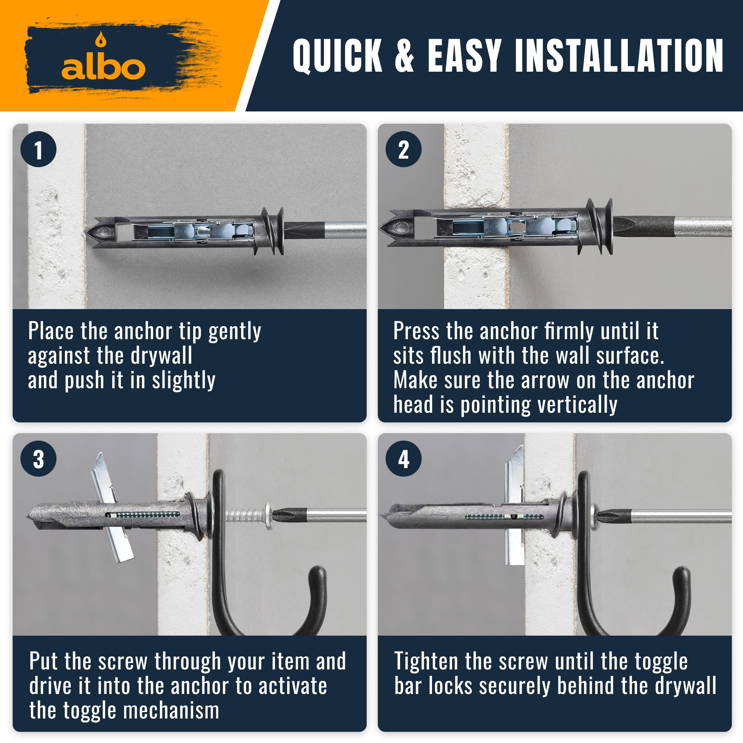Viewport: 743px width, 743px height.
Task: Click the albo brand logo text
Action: pos(103,68)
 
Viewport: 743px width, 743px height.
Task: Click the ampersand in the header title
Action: pos(404,55)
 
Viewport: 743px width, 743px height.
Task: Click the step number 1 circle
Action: pos(39,149)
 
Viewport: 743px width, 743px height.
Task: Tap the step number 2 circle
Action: pos(403,149)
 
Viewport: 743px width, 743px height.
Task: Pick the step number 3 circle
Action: pos(39,459)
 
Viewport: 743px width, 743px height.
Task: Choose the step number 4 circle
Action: pos(403,459)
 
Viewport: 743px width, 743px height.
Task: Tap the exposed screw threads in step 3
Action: pos(244,515)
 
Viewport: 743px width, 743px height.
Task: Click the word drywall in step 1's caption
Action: pos(162,356)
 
